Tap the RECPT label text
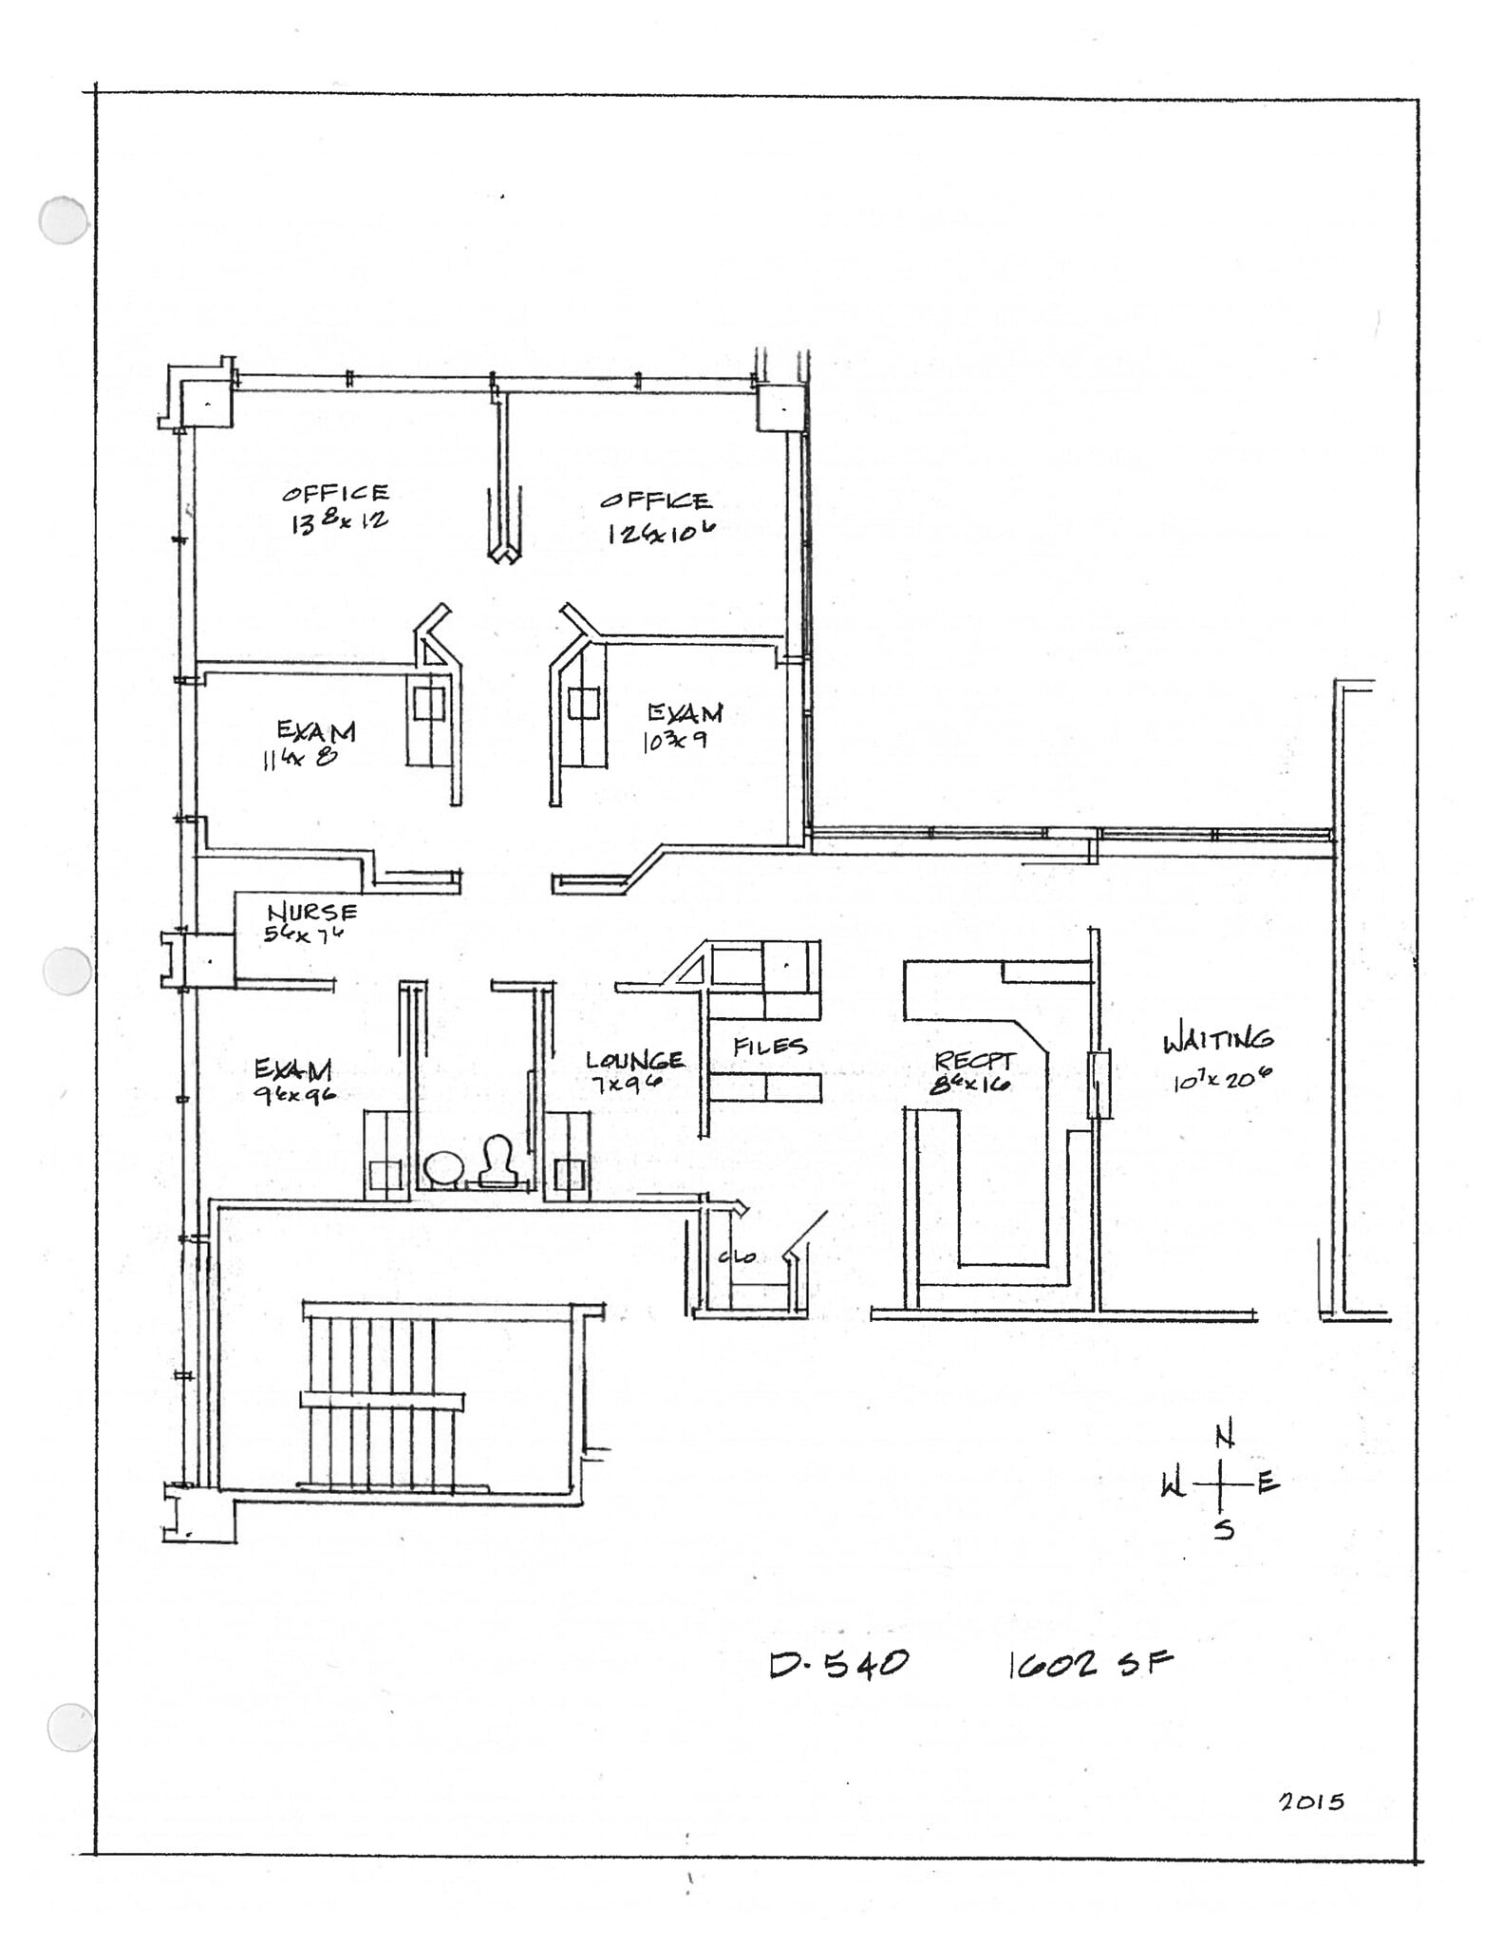point(975,1061)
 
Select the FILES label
point(770,1047)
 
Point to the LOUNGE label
point(634,1060)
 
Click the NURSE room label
point(312,912)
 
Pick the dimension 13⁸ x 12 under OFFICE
point(339,520)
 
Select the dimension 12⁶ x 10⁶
point(661,532)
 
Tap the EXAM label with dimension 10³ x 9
point(685,713)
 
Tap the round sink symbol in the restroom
point(442,1168)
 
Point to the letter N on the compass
point(1226,1437)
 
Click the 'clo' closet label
point(737,1256)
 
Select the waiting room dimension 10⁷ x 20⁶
point(1221,1080)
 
